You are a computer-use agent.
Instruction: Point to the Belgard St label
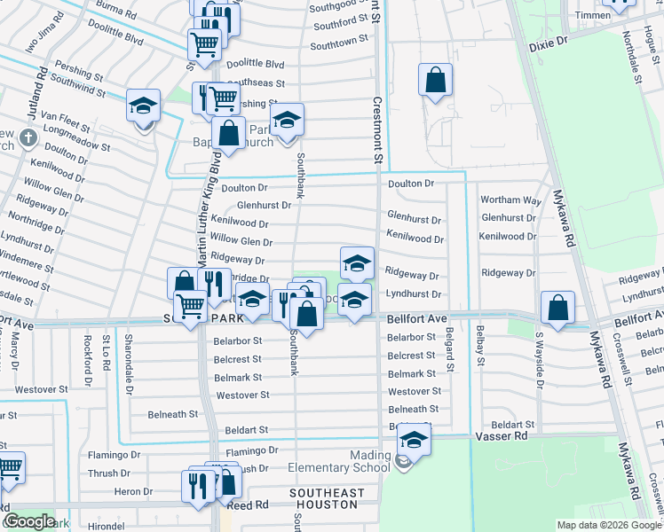(450, 348)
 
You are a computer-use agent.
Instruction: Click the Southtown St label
(339, 43)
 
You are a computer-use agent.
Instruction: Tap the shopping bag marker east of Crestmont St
(435, 80)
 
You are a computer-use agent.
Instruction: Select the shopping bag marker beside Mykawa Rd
(557, 308)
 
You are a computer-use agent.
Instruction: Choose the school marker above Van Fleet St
(143, 106)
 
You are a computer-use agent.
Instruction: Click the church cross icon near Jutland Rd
(28, 137)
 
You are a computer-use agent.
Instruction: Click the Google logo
(29, 521)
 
